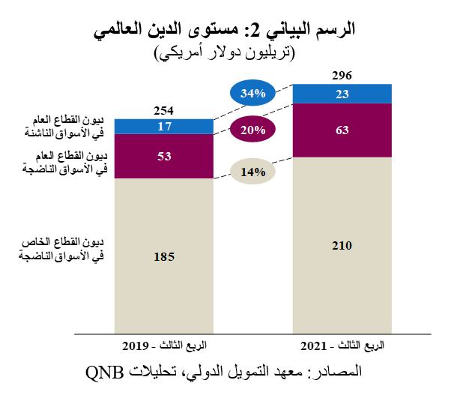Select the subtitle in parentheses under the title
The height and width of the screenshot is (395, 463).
tap(226, 52)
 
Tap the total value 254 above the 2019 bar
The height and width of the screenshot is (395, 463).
tap(164, 109)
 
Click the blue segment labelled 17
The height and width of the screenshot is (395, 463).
tap(164, 126)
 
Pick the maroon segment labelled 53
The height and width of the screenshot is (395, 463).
tap(164, 156)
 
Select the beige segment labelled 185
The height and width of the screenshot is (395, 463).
tap(164, 256)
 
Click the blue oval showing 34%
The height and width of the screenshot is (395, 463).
tap(253, 94)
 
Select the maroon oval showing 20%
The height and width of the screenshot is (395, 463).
tap(253, 130)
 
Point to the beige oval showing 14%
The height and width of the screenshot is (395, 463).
tap(253, 172)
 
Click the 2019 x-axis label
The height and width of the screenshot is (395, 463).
tap(164, 346)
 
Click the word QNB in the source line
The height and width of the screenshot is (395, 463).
tap(104, 372)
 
